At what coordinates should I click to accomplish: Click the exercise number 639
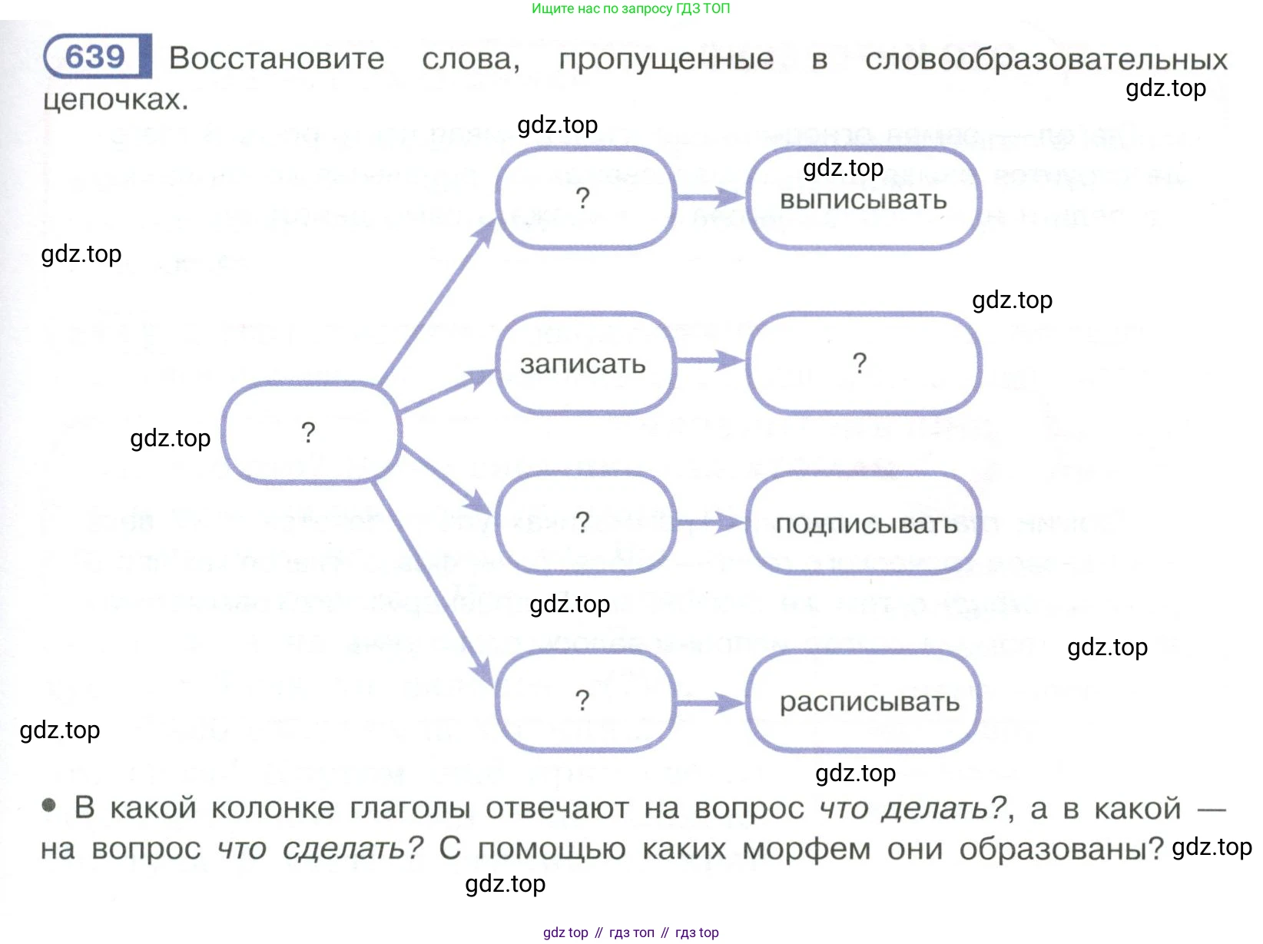coord(95,56)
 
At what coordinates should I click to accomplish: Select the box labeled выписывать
coord(863,200)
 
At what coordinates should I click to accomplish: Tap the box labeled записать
coord(583,364)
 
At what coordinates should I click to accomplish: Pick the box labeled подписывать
coord(865,524)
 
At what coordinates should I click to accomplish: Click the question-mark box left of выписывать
coord(583,198)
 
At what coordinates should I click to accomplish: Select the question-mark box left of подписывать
coord(583,522)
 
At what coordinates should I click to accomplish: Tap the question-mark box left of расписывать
coord(583,701)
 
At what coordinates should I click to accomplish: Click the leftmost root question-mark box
coord(309,432)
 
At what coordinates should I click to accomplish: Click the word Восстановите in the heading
coord(277,58)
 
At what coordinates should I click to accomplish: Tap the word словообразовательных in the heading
coord(1046,59)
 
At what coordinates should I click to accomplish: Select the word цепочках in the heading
coord(115,100)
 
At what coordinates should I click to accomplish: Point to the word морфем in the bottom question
coord(806,849)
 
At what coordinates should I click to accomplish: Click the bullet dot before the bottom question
coord(49,806)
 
